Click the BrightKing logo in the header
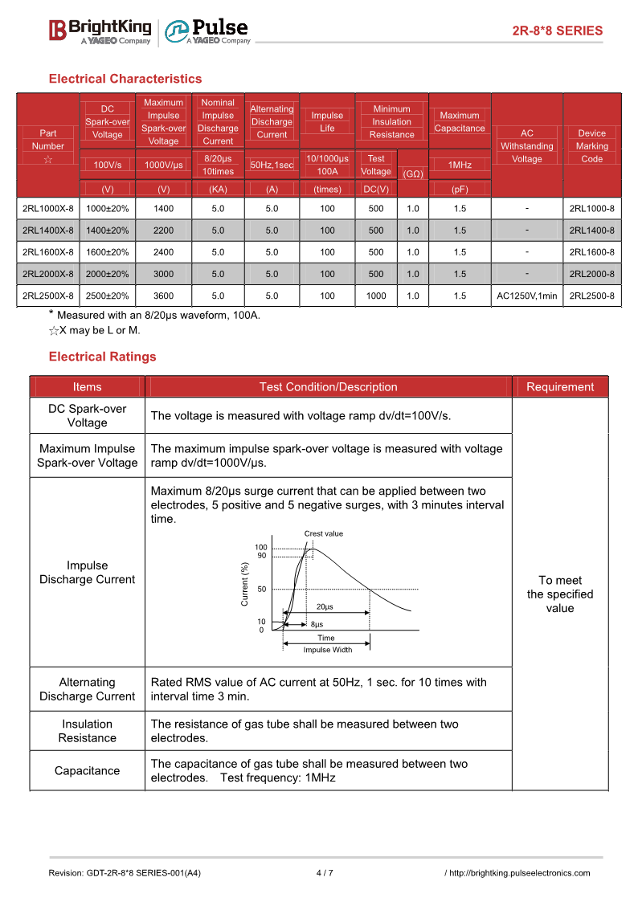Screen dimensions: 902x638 [100, 31]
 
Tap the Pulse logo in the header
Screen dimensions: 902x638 [207, 31]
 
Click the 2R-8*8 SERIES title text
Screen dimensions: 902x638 [557, 31]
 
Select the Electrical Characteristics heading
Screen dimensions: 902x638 [125, 79]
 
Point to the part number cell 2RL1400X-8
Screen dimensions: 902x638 [48, 231]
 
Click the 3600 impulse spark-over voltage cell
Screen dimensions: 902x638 [163, 296]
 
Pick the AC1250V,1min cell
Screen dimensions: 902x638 [526, 296]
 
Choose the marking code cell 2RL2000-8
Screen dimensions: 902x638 [591, 274]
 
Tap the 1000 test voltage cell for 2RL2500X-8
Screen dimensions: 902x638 [376, 296]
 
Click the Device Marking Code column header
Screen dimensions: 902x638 [591, 145]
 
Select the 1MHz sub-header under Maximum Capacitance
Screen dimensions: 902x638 [460, 165]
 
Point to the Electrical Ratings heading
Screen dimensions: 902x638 [103, 357]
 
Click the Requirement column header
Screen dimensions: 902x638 [560, 387]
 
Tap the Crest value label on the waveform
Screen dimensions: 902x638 [323, 533]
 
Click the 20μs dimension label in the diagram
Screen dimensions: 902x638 [325, 607]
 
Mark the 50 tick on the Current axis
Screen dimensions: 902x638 [262, 589]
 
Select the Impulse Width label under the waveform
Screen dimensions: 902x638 [327, 650]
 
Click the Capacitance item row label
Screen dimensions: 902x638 [87, 771]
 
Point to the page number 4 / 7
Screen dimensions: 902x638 [325, 873]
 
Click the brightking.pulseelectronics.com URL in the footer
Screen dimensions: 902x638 [519, 873]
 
